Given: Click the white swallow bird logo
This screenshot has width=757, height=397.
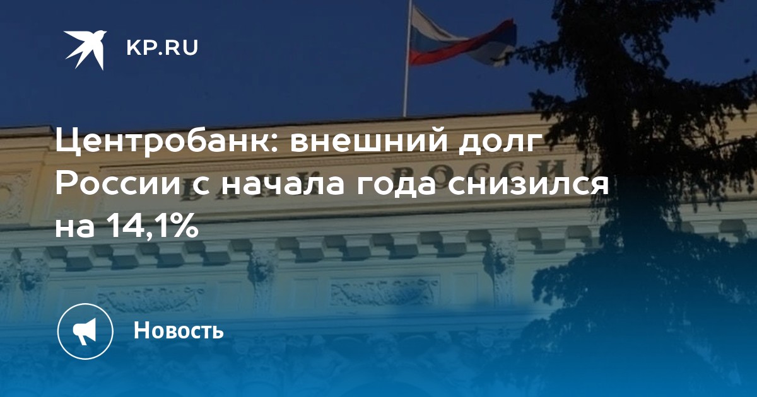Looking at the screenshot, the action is (x=86, y=50).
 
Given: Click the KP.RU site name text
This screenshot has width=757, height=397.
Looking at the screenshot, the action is (x=162, y=48).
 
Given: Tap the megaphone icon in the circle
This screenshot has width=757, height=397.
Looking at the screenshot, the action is (x=85, y=331).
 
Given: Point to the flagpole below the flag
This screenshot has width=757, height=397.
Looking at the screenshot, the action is (x=406, y=91).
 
